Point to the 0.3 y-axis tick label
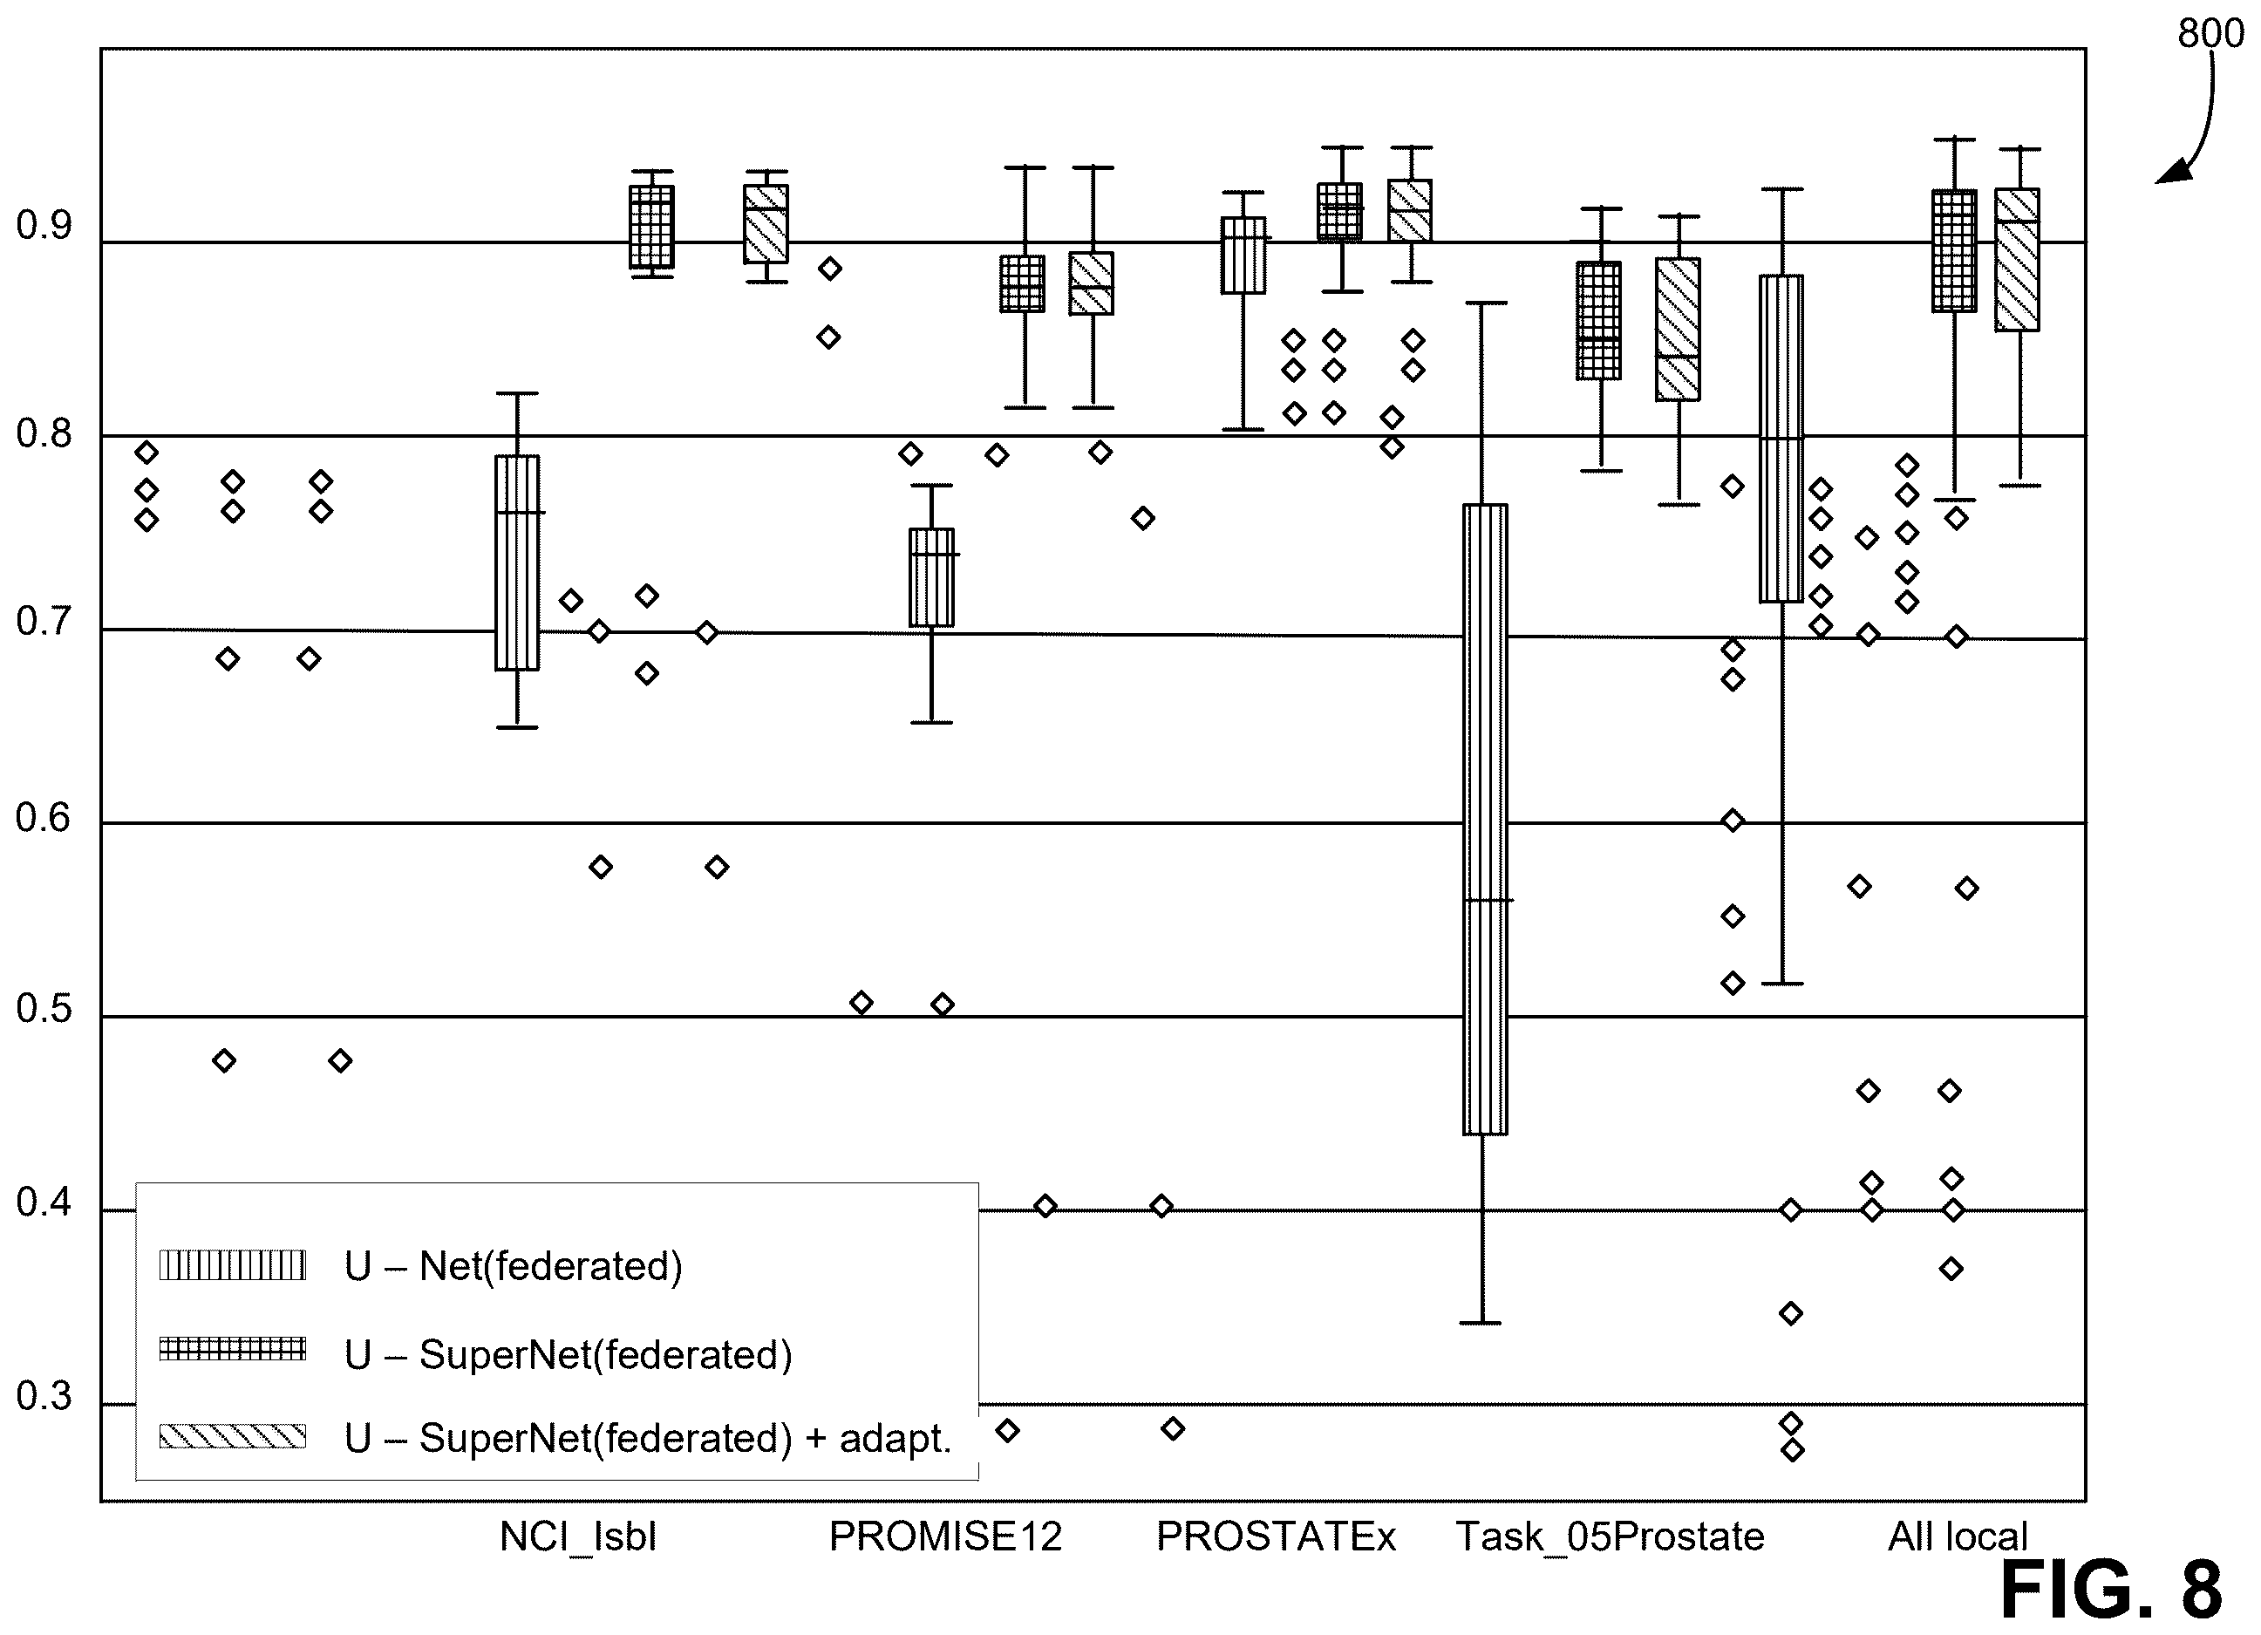pos(44,1397)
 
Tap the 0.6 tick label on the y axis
pos(44,819)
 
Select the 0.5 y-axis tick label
pos(44,1009)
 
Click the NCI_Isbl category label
pos(578,1536)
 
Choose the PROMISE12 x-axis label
pos(945,1536)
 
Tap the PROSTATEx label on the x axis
pos(1275,1536)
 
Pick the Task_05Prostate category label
pos(1609,1537)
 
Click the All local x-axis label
pos(1957,1536)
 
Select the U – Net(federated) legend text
pos(514,1266)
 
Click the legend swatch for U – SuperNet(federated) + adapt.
pos(232,1435)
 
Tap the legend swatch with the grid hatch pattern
pos(232,1349)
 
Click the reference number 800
pos(2210,34)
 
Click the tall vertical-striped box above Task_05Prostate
pos(1484,819)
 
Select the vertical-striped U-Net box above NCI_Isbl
pos(517,562)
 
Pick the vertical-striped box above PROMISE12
pos(931,577)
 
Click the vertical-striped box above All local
pos(1781,439)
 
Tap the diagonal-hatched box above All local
pos(2017,259)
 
